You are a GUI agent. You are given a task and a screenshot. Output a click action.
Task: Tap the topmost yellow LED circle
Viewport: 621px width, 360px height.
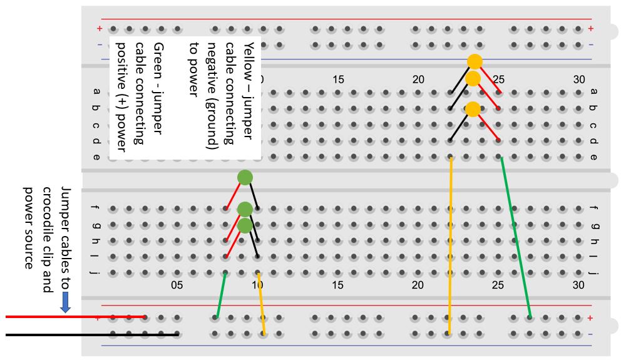[x=475, y=61]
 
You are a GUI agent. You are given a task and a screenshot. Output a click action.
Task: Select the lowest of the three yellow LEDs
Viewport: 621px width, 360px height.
[x=473, y=109]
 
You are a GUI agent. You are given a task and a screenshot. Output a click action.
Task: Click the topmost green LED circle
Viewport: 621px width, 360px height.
[x=245, y=177]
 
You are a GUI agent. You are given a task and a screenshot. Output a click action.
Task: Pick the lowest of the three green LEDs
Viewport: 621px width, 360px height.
[x=245, y=225]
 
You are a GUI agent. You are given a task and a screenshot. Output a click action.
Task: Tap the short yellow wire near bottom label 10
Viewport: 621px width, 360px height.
[x=261, y=303]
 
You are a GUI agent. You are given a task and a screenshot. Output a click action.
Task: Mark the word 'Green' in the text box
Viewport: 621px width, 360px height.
[x=159, y=56]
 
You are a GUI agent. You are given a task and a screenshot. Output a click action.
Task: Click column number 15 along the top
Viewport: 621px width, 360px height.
[x=338, y=80]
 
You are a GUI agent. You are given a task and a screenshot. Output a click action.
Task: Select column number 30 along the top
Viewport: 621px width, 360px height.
[x=579, y=80]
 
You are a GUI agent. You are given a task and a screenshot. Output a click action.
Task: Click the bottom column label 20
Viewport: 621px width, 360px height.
[x=418, y=285]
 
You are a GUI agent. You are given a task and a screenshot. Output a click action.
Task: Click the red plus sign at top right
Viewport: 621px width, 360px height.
[x=590, y=29]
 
